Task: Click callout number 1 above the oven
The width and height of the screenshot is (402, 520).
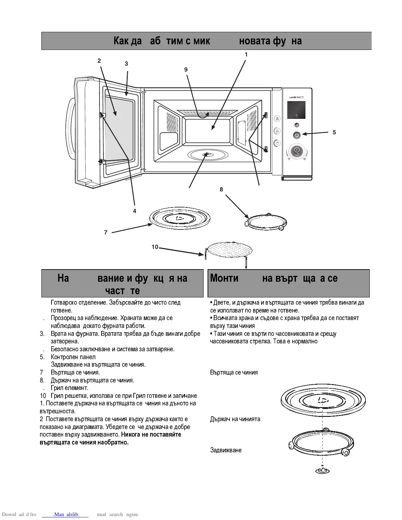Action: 246,54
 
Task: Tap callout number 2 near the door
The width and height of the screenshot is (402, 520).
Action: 99,61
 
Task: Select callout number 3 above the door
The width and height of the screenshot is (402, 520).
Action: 126,64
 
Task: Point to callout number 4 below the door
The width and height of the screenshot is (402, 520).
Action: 134,211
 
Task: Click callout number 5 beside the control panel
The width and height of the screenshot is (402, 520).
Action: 334,132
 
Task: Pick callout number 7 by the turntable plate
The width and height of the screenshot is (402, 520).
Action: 106,232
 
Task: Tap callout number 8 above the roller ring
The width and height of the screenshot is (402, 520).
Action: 221,189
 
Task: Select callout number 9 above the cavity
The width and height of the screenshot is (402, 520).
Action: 186,70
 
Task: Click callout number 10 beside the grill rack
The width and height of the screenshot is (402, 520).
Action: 155,247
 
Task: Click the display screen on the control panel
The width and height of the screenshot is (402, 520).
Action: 296,110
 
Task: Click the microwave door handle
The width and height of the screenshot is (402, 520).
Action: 70,131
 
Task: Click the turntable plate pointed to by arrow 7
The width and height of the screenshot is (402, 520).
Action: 180,218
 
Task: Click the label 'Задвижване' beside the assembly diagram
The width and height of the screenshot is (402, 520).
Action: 226,450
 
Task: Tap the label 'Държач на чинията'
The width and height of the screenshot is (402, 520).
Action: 235,419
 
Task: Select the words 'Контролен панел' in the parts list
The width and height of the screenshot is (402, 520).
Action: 73,357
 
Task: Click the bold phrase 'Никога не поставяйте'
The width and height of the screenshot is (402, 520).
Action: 151,435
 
